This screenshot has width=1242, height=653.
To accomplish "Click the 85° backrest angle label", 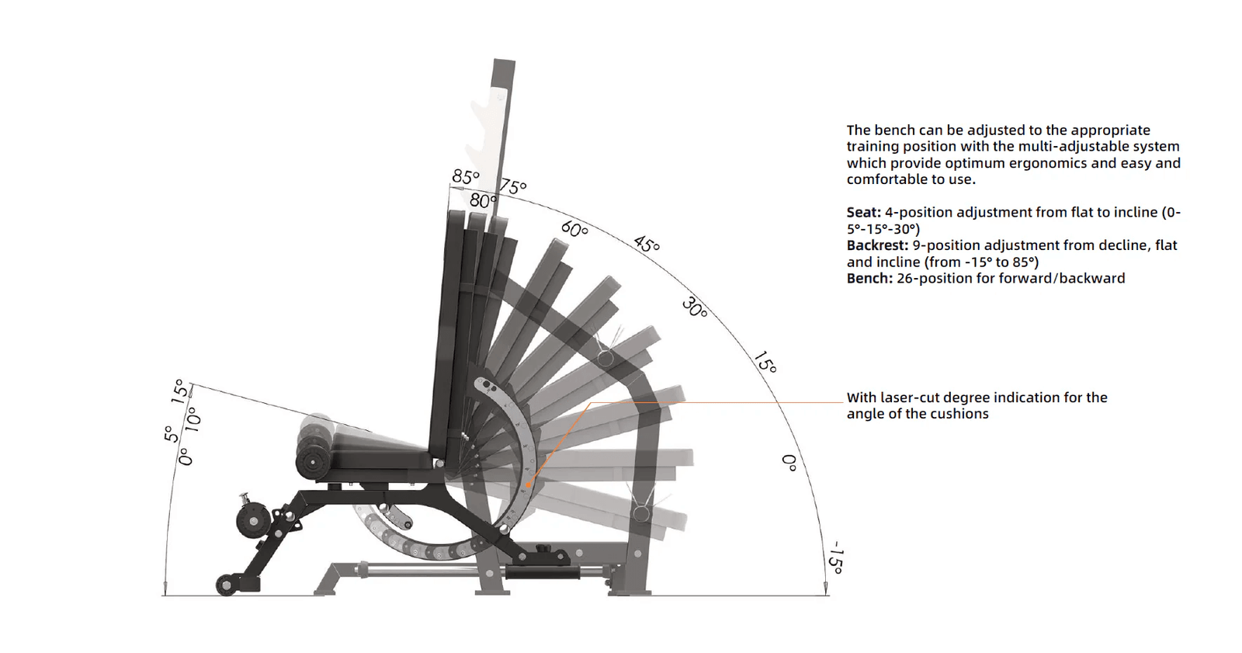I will click(465, 177).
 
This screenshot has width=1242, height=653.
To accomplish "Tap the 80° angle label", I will click(482, 201).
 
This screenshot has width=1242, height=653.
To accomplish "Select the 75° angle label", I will click(513, 186).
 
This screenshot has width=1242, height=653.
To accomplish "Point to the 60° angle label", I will click(574, 229).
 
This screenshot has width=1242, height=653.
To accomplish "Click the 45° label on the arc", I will click(647, 244).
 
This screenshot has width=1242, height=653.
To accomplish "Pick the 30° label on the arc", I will click(695, 307).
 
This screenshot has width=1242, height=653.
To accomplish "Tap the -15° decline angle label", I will click(835, 558).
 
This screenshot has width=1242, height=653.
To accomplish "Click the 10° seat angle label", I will click(191, 420).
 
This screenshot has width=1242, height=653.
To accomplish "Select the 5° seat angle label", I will click(169, 434).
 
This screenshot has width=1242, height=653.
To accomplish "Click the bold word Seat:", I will click(863, 213).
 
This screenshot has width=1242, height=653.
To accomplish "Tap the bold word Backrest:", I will click(877, 245).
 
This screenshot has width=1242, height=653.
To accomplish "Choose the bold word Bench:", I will click(869, 279).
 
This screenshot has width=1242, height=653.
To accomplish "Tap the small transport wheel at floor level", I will click(227, 585).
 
